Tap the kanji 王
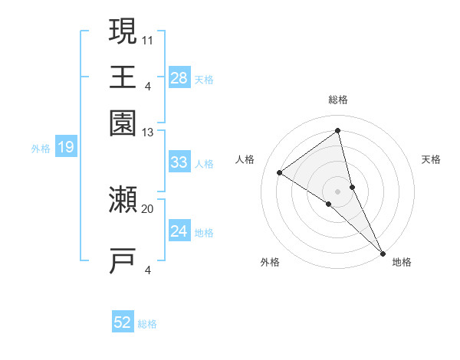[123, 77]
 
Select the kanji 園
[123, 123]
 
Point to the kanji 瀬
[123, 201]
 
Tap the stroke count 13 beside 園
[148, 133]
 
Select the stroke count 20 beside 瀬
[148, 208]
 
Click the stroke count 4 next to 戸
[148, 270]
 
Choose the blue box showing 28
[179, 78]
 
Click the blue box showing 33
[179, 162]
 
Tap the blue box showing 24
[179, 231]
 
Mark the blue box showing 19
[66, 147]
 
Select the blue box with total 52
[123, 323]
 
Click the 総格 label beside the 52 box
[147, 324]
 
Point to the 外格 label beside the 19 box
[41, 148]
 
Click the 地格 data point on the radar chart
[382, 252]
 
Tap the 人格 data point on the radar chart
[280, 173]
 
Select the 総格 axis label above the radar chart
[338, 100]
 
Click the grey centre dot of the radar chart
[338, 190]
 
